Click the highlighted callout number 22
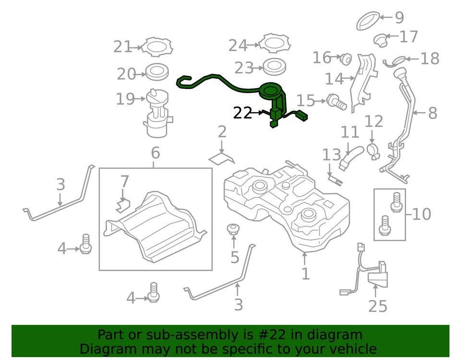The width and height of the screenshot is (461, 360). click(242, 113)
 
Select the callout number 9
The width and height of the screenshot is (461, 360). click(399, 18)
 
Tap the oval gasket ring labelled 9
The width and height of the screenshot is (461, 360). click(368, 21)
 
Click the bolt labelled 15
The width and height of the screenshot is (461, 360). click(336, 101)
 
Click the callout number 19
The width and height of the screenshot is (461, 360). click(125, 99)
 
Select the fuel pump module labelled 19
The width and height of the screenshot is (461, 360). click(158, 113)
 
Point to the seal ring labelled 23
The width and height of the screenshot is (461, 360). click(275, 66)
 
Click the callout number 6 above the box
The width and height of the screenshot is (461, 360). click(155, 153)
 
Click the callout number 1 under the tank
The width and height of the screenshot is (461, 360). click(305, 274)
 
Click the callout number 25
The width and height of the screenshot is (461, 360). click(377, 306)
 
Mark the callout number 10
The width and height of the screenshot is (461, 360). click(421, 214)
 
